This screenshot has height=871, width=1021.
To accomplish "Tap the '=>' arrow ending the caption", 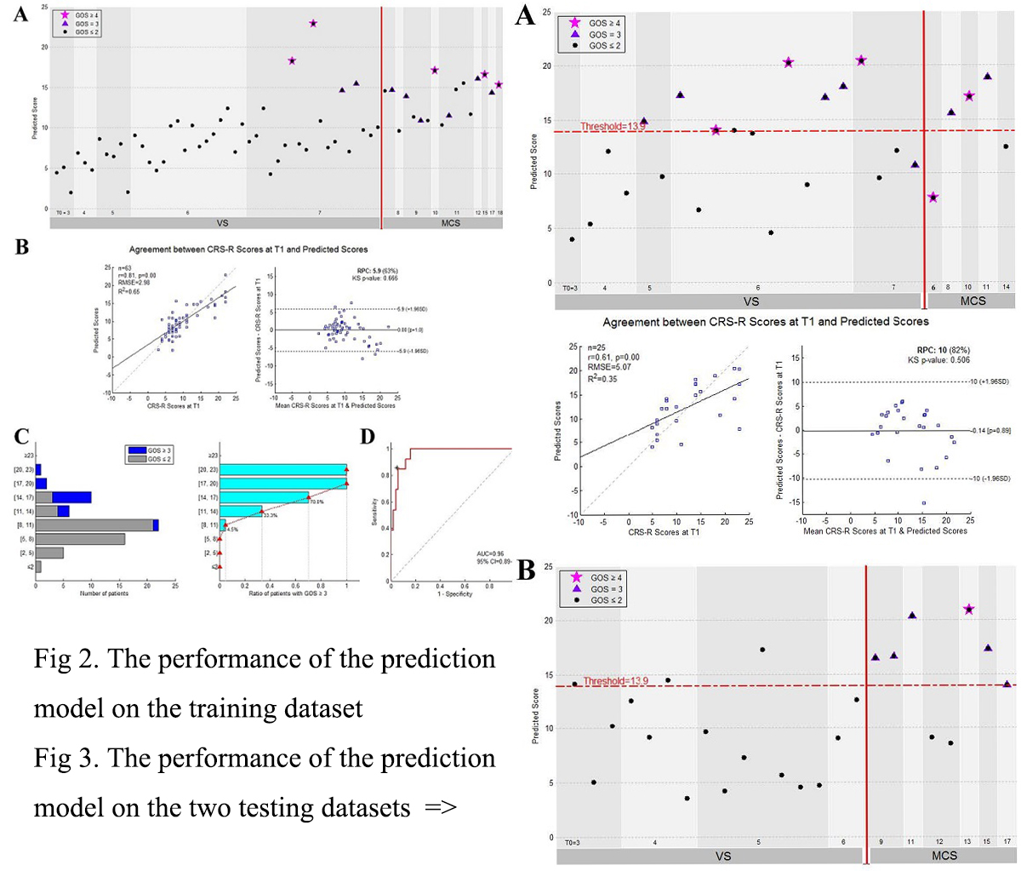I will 440,806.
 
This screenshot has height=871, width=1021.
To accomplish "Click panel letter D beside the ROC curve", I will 367,436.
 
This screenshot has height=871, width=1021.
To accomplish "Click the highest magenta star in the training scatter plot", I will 313,23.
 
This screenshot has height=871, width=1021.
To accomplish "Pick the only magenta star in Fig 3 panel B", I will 968,610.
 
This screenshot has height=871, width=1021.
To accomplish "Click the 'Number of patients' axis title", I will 104,593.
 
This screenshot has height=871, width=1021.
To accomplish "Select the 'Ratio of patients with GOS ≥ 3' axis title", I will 282,593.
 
